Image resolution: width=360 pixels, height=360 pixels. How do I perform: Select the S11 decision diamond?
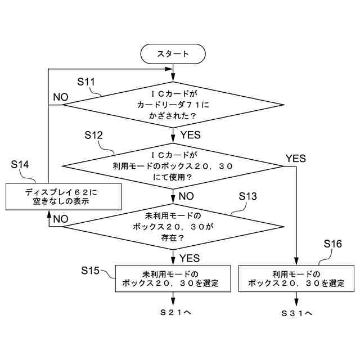point(173,104)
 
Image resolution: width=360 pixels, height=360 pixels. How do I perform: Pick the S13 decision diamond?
point(173,226)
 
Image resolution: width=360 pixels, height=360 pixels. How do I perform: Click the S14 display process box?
point(65,196)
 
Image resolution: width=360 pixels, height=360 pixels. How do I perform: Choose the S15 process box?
point(173,278)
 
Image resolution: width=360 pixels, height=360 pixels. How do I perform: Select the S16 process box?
point(296,278)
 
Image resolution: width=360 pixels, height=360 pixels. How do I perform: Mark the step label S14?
point(20,164)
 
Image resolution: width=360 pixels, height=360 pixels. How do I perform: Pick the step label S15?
point(91,271)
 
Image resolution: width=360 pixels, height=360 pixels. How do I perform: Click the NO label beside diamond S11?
point(60,96)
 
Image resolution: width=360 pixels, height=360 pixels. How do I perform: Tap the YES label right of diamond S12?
point(295,159)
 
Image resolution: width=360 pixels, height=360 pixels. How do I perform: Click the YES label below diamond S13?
point(190,258)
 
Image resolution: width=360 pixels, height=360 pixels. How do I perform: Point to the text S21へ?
point(173,312)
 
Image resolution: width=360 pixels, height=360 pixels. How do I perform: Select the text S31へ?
point(296,312)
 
